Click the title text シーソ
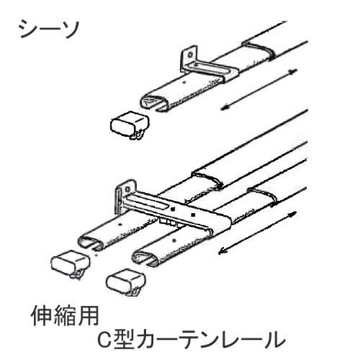(49, 29)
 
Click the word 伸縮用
(65, 316)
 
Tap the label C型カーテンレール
(192, 340)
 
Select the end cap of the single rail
(129, 125)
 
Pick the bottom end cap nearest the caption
(126, 282)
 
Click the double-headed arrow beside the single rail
(258, 89)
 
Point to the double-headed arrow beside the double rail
(257, 232)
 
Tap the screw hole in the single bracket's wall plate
(190, 55)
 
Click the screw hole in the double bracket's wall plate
(127, 189)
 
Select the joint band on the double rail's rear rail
(208, 179)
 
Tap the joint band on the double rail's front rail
(262, 195)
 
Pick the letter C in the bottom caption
(105, 340)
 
